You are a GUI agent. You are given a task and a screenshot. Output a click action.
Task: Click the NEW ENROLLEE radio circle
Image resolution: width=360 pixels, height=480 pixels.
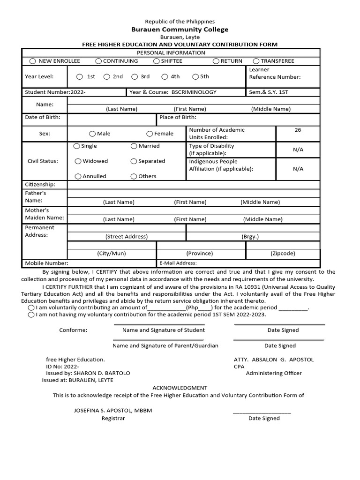tap(32, 61)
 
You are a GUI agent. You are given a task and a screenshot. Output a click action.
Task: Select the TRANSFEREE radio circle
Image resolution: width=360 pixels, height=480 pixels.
tap(256, 61)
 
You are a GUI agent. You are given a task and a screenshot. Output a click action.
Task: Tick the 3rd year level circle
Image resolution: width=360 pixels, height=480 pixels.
tap(135, 77)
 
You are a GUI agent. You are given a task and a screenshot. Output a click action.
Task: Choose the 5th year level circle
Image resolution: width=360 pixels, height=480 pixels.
tap(195, 77)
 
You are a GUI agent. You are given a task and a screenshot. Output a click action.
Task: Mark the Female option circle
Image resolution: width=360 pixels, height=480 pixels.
tap(150, 134)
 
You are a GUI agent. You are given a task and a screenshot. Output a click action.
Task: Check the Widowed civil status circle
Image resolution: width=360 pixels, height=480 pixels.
tap(78, 161)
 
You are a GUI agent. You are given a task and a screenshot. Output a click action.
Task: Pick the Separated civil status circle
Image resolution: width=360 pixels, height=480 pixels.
tap(134, 161)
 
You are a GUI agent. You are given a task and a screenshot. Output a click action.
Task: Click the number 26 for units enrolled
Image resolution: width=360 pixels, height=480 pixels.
tap(298, 130)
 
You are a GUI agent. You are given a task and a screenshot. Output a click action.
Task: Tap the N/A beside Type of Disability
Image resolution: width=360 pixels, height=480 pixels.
tap(298, 150)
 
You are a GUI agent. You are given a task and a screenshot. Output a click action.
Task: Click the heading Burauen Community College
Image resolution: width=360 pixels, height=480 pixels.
tap(180, 30)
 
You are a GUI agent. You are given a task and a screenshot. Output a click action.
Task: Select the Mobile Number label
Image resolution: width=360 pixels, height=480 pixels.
tap(46, 263)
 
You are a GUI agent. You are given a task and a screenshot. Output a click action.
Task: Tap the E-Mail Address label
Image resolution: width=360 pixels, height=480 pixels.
tap(178, 263)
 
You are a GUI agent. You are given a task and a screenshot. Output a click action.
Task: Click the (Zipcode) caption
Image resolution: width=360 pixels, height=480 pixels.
tap(283, 253)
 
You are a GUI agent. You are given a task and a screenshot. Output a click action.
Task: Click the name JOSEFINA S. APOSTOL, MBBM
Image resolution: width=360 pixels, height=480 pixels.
tap(112, 410)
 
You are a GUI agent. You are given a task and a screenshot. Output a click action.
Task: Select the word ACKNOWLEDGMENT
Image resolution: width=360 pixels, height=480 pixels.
tap(180, 388)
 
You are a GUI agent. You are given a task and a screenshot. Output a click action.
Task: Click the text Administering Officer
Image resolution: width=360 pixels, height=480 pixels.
tap(274, 373)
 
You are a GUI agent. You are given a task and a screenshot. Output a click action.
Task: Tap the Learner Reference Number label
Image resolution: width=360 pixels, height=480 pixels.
tap(275, 73)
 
